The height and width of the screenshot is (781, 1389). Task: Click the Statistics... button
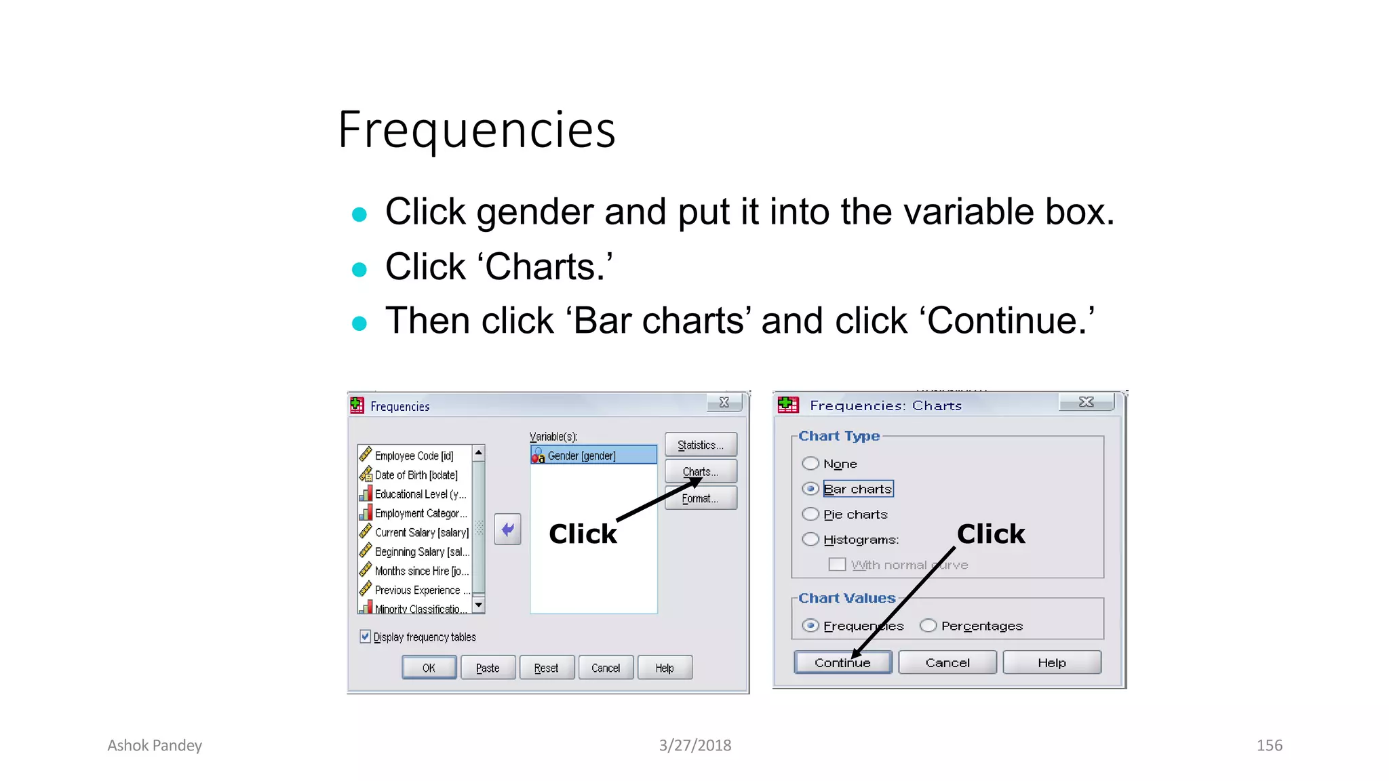(701, 445)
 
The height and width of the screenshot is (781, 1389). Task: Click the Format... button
(701, 498)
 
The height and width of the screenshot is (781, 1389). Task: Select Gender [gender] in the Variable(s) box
(593, 456)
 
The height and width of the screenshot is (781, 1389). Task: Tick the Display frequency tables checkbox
(366, 637)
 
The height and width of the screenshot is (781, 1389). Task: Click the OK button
(429, 668)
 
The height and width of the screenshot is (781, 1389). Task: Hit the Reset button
(546, 668)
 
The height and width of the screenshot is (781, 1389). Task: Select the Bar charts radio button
(810, 489)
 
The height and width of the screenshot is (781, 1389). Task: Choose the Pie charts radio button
(810, 514)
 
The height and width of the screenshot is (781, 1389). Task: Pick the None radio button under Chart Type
(810, 464)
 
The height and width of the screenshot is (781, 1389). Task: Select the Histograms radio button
(810, 540)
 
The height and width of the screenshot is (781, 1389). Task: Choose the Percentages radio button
(928, 626)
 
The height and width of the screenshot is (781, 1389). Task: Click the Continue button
(842, 662)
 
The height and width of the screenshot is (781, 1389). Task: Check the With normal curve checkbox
(838, 565)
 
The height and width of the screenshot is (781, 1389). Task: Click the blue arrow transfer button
(507, 529)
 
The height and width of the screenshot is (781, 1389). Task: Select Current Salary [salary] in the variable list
(421, 533)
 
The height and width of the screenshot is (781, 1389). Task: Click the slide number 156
(1269, 746)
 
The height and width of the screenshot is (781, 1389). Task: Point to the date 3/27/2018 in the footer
(694, 746)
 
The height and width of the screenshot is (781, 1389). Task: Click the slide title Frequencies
(477, 129)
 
